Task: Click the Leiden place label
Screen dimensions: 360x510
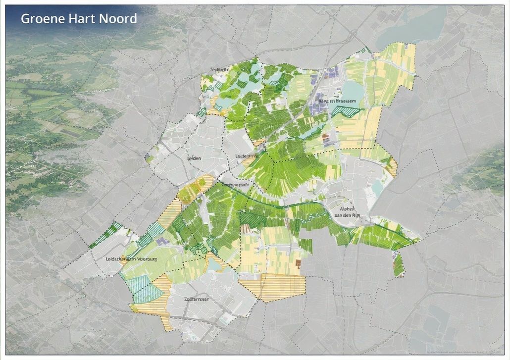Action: click(x=194, y=158)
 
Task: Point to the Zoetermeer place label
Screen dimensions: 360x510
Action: click(x=197, y=300)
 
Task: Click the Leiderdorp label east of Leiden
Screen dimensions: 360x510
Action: click(x=244, y=156)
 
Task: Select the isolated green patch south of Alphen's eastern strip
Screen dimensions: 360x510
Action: click(x=399, y=264)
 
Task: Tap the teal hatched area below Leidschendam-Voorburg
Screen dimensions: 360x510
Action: click(x=145, y=290)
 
